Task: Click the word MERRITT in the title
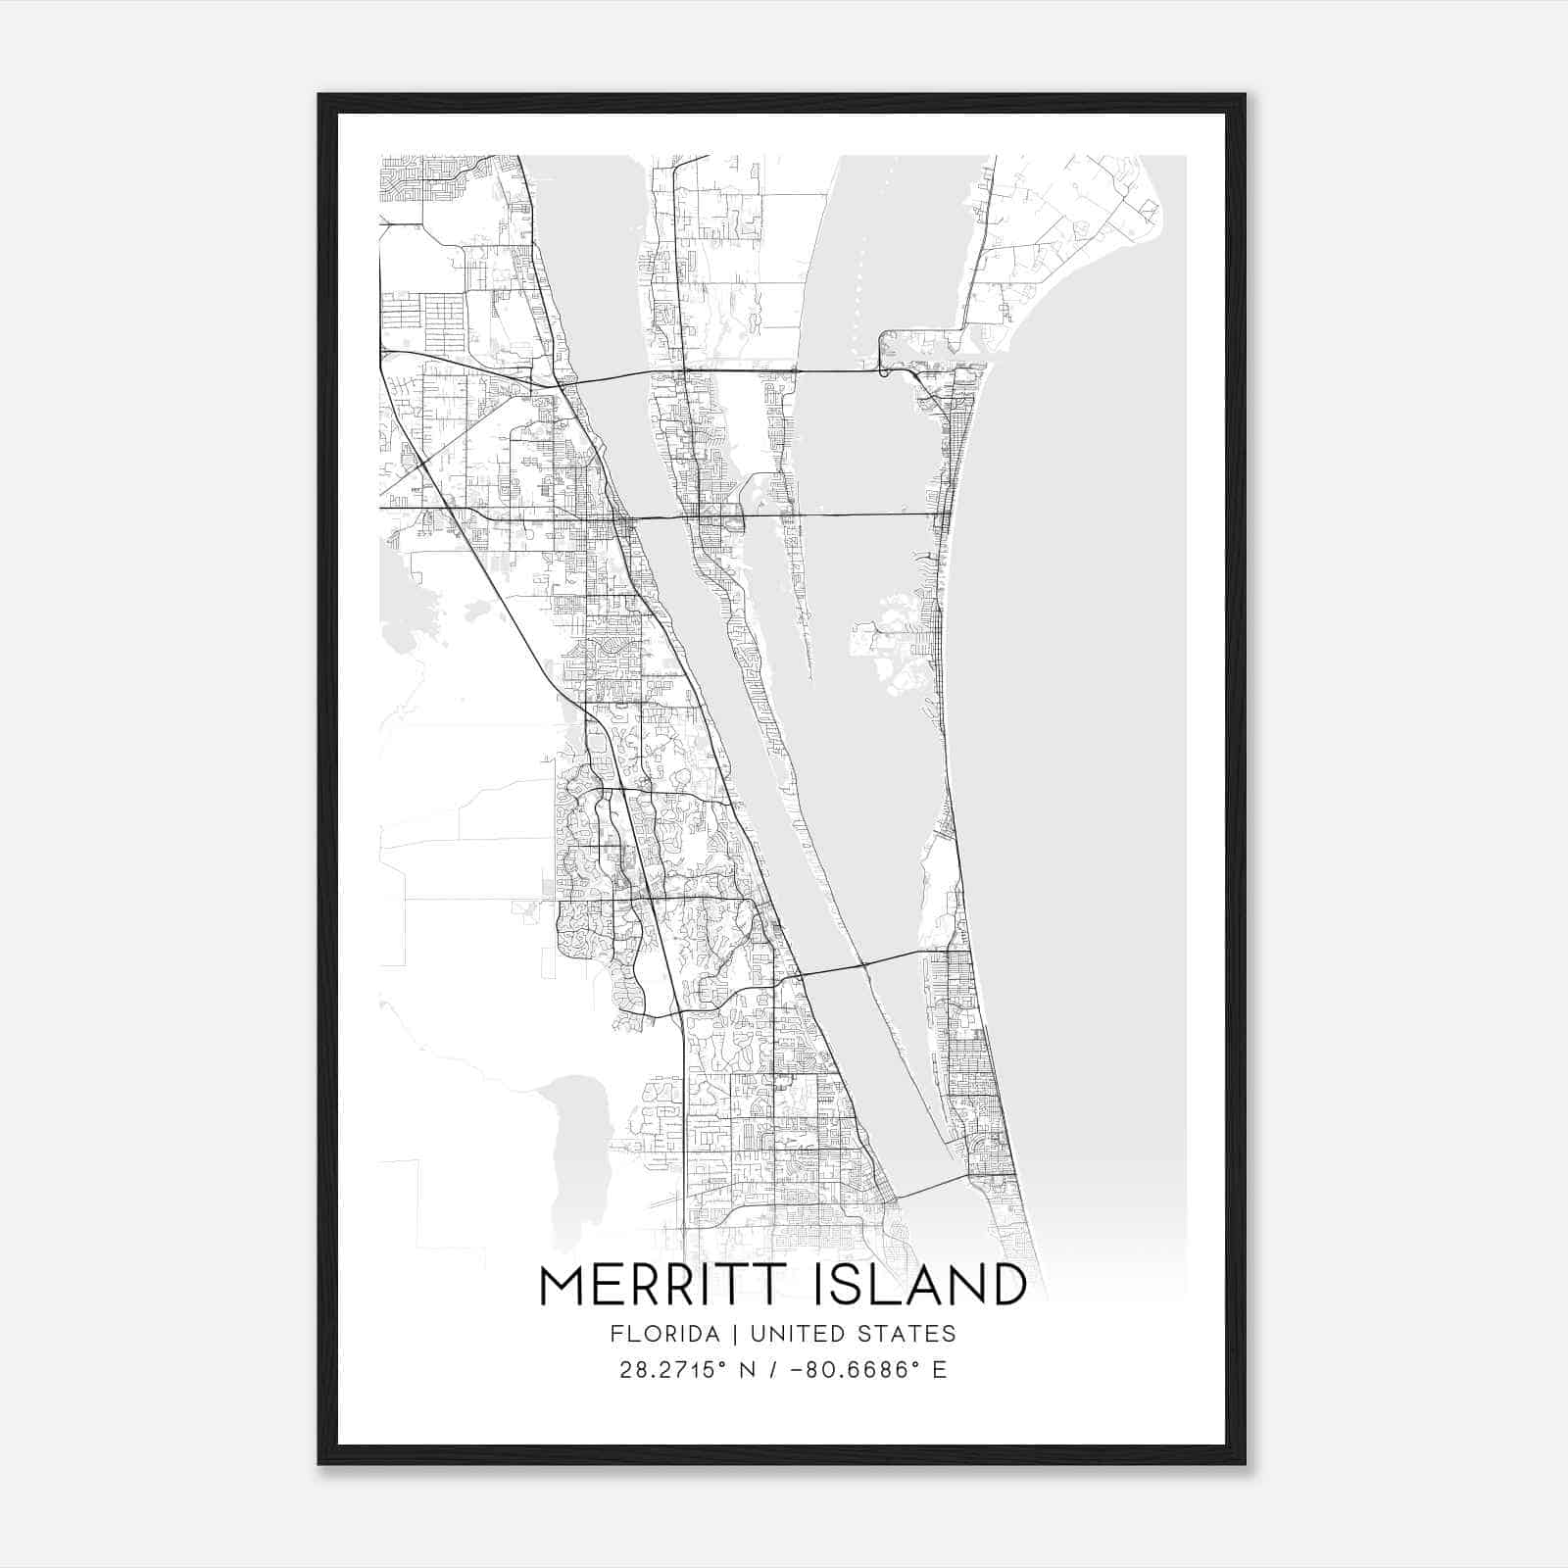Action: coord(666,1287)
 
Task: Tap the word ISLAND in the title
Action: coord(921,1287)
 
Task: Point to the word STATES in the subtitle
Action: coord(907,1334)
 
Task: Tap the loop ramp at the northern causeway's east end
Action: coord(887,353)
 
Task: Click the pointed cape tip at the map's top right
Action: coord(1159,210)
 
